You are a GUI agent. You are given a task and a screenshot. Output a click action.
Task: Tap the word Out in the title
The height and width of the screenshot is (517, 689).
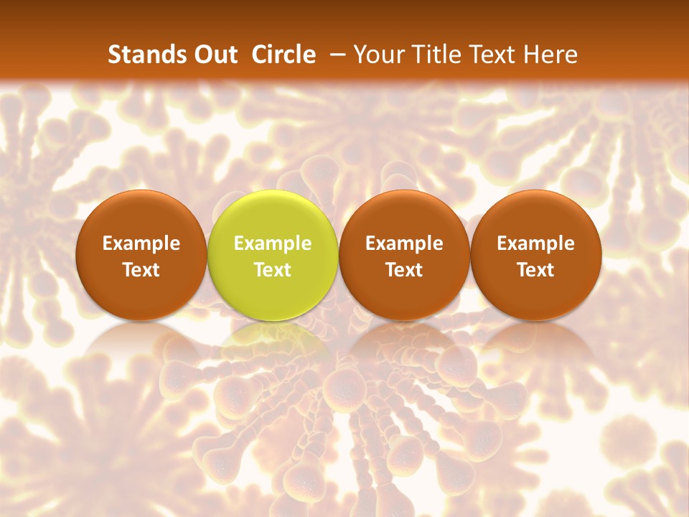coord(213,55)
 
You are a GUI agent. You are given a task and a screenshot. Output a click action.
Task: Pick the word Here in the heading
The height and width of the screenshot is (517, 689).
coord(550,55)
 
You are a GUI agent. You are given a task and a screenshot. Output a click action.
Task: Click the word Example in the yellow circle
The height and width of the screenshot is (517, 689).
coord(273,243)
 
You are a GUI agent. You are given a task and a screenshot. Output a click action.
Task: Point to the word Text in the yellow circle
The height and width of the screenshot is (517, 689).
coord(273,270)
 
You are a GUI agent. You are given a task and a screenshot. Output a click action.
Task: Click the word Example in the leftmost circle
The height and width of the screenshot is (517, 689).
coord(141,243)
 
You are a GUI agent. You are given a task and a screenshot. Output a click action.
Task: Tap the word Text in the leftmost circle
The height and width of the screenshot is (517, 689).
coord(141,270)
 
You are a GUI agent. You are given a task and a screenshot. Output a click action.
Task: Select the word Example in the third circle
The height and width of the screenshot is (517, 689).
coord(404,243)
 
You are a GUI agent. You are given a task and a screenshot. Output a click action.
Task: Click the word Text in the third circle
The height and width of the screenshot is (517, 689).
coord(404,270)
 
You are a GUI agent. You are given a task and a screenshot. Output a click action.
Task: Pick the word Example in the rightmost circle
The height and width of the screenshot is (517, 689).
coord(536,243)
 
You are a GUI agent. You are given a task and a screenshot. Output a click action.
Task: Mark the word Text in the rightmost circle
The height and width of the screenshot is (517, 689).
coord(536,270)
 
